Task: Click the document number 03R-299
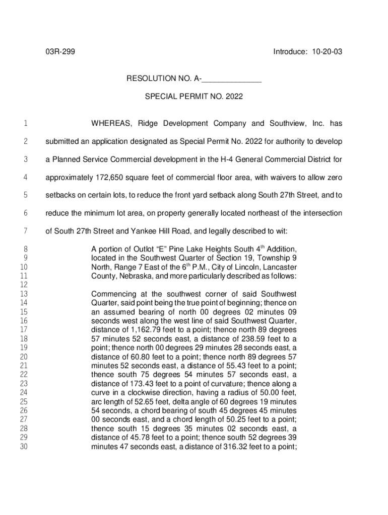tap(60, 52)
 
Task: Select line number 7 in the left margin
tap(25, 231)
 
